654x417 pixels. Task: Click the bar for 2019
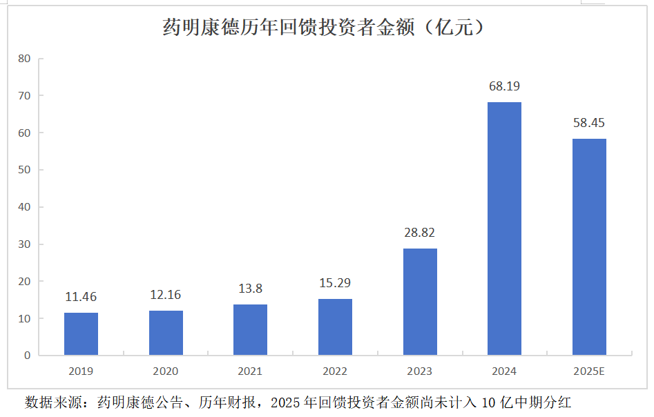(81, 334)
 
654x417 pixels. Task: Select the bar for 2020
(166, 333)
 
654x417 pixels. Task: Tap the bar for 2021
(250, 330)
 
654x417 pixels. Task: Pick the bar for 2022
(335, 327)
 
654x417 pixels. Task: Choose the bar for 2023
(420, 302)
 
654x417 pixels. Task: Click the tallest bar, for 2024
(504, 229)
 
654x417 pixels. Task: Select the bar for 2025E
(589, 247)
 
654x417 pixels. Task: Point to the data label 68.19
(504, 86)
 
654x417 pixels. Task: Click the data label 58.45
(589, 123)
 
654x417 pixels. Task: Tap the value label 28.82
(420, 233)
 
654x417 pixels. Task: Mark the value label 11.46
(81, 298)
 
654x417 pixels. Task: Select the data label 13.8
(250, 289)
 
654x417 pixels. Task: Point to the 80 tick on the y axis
(25, 59)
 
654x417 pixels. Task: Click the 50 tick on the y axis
(25, 170)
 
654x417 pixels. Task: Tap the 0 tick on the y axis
(28, 356)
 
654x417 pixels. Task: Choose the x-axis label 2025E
(589, 371)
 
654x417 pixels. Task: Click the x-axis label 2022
(335, 371)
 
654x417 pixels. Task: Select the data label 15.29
(335, 284)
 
